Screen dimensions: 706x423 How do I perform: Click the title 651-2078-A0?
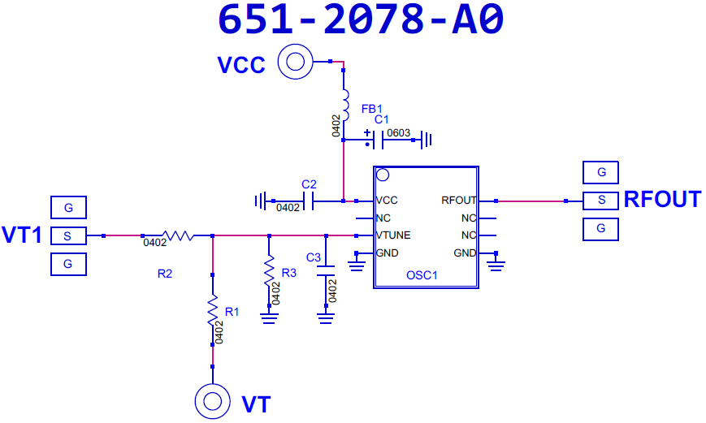click(x=361, y=19)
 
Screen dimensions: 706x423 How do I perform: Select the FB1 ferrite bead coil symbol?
click(x=345, y=106)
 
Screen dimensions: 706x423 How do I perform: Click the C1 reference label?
click(x=381, y=119)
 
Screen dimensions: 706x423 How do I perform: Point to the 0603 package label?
click(x=398, y=133)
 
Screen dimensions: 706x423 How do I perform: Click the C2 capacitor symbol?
click(x=309, y=201)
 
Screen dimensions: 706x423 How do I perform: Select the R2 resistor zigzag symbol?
click(x=178, y=235)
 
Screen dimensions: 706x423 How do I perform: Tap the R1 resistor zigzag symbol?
click(x=213, y=310)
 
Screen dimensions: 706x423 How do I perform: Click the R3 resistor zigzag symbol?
click(x=269, y=271)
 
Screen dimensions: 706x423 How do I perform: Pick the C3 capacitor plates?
click(x=326, y=271)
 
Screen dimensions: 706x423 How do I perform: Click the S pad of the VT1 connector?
click(x=68, y=235)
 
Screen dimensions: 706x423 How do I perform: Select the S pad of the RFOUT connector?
click(x=600, y=201)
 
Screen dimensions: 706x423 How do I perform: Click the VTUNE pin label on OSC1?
click(x=393, y=235)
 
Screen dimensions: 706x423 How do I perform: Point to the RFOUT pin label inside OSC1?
click(x=459, y=201)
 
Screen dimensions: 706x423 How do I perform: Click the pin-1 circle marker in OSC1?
click(x=383, y=175)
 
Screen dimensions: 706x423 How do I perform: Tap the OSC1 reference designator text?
click(x=422, y=275)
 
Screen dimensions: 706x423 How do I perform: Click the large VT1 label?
click(x=22, y=235)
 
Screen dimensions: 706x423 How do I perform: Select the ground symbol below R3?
click(x=269, y=318)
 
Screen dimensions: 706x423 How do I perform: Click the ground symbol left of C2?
click(x=260, y=201)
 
